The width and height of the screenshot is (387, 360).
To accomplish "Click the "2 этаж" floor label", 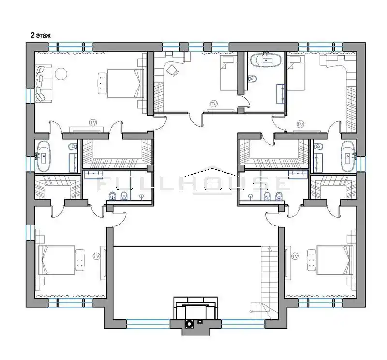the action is tap(41, 35).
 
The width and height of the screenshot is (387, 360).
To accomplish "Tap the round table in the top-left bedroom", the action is tap(61, 74).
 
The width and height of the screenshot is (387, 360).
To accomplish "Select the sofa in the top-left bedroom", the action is tap(44, 83).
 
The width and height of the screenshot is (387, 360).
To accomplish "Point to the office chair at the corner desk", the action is tap(172, 70).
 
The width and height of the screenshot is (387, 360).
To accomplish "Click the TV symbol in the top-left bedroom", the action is tap(93, 122).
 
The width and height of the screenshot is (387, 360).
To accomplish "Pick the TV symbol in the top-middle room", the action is tap(214, 104).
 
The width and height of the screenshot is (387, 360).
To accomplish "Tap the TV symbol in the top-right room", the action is tap(300, 124).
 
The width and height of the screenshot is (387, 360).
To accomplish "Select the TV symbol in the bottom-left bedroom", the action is tap(96, 256).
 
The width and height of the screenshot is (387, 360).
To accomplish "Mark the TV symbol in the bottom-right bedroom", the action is tap(295, 256).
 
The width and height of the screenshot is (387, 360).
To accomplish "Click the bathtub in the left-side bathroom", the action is tap(44, 156).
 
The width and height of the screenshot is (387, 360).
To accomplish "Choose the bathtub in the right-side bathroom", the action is tap(348, 156).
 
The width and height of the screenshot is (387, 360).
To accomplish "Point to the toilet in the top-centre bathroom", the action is tap(252, 79).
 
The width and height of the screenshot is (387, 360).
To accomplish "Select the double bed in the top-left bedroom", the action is tap(126, 83).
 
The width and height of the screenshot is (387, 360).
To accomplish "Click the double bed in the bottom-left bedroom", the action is tap(56, 260).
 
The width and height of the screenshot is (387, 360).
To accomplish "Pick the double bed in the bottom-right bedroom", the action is tap(335, 260).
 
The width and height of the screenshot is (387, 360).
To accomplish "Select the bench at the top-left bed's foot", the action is tap(103, 83).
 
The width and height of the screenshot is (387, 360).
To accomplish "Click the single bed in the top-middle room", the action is tap(228, 74).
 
